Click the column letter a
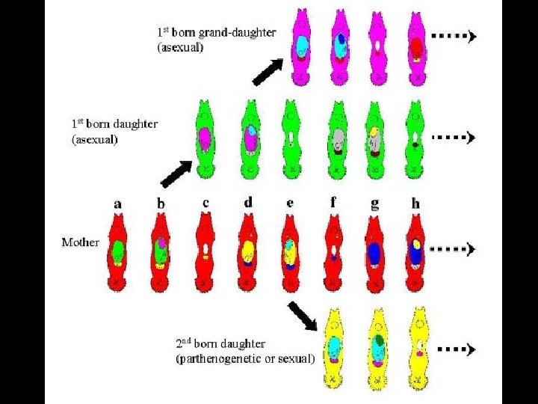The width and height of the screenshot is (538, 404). click(x=117, y=202)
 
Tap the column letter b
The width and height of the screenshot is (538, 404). click(x=161, y=202)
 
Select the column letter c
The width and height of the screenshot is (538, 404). click(x=205, y=202)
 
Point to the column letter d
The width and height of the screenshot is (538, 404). click(x=247, y=201)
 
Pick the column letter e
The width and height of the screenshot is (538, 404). click(x=290, y=202)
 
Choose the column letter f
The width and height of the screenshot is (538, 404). click(x=333, y=201)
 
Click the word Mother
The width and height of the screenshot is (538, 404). click(x=80, y=242)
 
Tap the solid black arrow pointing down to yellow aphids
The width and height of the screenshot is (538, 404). click(x=302, y=314)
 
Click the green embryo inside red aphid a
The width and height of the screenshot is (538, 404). click(x=117, y=251)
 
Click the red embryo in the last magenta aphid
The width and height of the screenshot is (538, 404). click(x=417, y=49)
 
